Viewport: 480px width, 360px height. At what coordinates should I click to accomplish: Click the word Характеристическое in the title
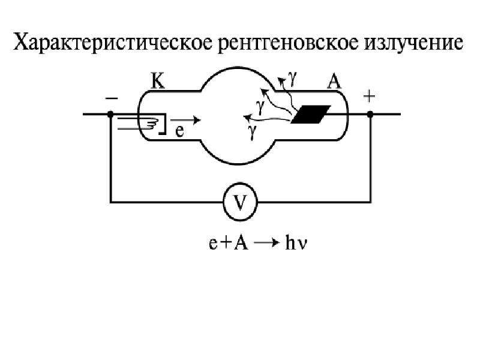[113, 43]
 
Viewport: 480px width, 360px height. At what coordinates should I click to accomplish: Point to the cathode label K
[158, 81]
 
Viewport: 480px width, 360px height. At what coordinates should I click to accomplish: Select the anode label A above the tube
[334, 82]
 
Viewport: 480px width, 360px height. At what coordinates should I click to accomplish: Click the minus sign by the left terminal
[112, 98]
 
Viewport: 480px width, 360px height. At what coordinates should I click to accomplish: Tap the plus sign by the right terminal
[369, 97]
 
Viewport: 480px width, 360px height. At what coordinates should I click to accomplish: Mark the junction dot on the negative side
[110, 114]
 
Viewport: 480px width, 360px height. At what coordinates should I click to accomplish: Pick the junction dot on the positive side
[370, 114]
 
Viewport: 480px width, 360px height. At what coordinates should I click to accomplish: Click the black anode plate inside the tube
[311, 114]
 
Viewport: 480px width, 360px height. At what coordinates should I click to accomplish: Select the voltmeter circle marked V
[240, 202]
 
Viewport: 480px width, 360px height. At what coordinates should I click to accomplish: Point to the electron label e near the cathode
[179, 131]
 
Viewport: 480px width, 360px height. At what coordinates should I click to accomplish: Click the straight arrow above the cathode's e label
[185, 120]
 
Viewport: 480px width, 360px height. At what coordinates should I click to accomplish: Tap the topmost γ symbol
[293, 78]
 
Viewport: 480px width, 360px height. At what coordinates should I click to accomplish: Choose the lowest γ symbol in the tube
[252, 131]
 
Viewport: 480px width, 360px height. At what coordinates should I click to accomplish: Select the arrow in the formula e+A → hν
[266, 243]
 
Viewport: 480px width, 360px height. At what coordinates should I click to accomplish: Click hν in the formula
[296, 244]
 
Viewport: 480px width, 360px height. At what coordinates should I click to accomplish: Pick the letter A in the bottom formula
[241, 243]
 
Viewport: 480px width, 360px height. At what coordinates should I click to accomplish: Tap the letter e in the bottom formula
[213, 244]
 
